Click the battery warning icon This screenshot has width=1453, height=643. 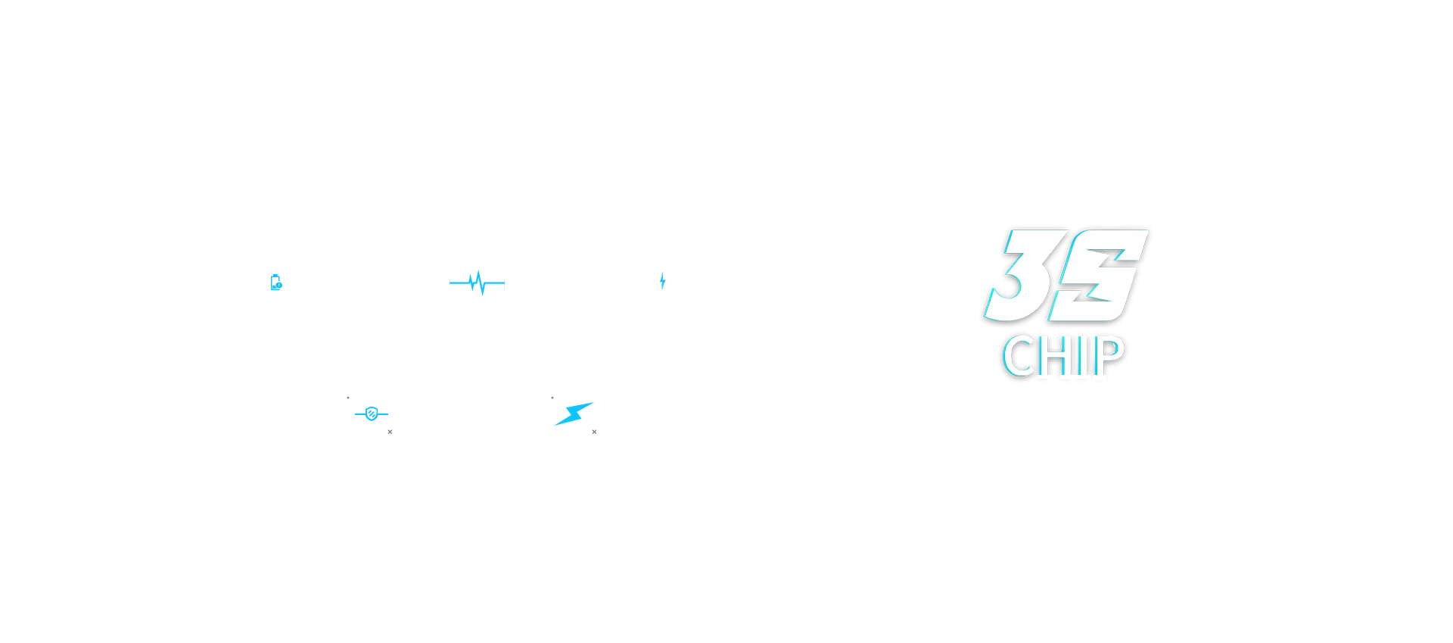tap(276, 282)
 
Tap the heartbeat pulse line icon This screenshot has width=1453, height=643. tap(477, 283)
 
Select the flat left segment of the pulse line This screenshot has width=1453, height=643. tap(459, 283)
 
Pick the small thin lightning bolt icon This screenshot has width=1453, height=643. tap(662, 281)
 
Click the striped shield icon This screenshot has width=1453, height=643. tap(372, 414)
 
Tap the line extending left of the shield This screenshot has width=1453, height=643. tap(360, 414)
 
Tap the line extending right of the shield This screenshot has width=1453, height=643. tap(383, 414)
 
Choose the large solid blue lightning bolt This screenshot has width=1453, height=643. tap(574, 414)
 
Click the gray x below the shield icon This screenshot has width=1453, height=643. tap(390, 432)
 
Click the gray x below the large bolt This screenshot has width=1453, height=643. tap(594, 432)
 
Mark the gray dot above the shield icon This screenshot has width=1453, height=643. tap(348, 398)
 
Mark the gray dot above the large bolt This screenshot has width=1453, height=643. tap(552, 398)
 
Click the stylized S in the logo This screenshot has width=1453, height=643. tap(1098, 275)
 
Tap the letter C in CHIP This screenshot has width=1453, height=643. tap(1018, 355)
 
